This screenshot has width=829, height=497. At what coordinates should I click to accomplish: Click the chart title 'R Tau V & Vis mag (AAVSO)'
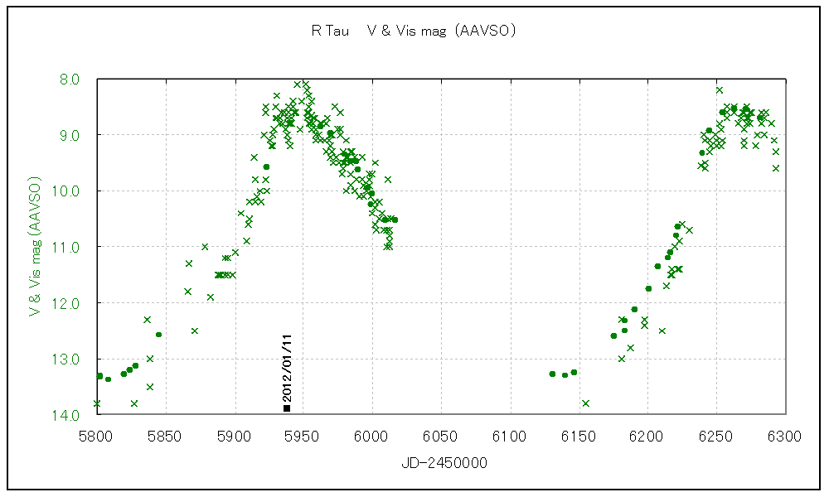coord(414,31)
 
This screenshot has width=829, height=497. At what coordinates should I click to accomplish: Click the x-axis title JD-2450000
coord(441,463)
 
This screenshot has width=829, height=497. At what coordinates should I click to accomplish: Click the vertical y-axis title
coord(35,246)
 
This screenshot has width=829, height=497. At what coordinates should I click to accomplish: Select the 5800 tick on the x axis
coord(97,434)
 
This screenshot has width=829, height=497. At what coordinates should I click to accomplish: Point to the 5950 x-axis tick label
coord(303,434)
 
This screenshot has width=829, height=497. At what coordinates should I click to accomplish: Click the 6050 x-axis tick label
coord(441,434)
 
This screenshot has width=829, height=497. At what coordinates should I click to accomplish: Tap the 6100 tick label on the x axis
coord(510,434)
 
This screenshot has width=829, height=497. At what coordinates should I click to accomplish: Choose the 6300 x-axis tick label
coord(784,434)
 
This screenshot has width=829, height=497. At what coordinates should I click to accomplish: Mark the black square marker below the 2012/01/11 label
coord(287,408)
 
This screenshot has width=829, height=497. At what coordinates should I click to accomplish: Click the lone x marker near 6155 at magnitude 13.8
coord(585,403)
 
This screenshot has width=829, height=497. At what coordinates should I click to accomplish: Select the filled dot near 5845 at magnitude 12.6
coord(158,335)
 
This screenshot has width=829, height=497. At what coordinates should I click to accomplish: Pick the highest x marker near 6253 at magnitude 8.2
coord(720,90)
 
